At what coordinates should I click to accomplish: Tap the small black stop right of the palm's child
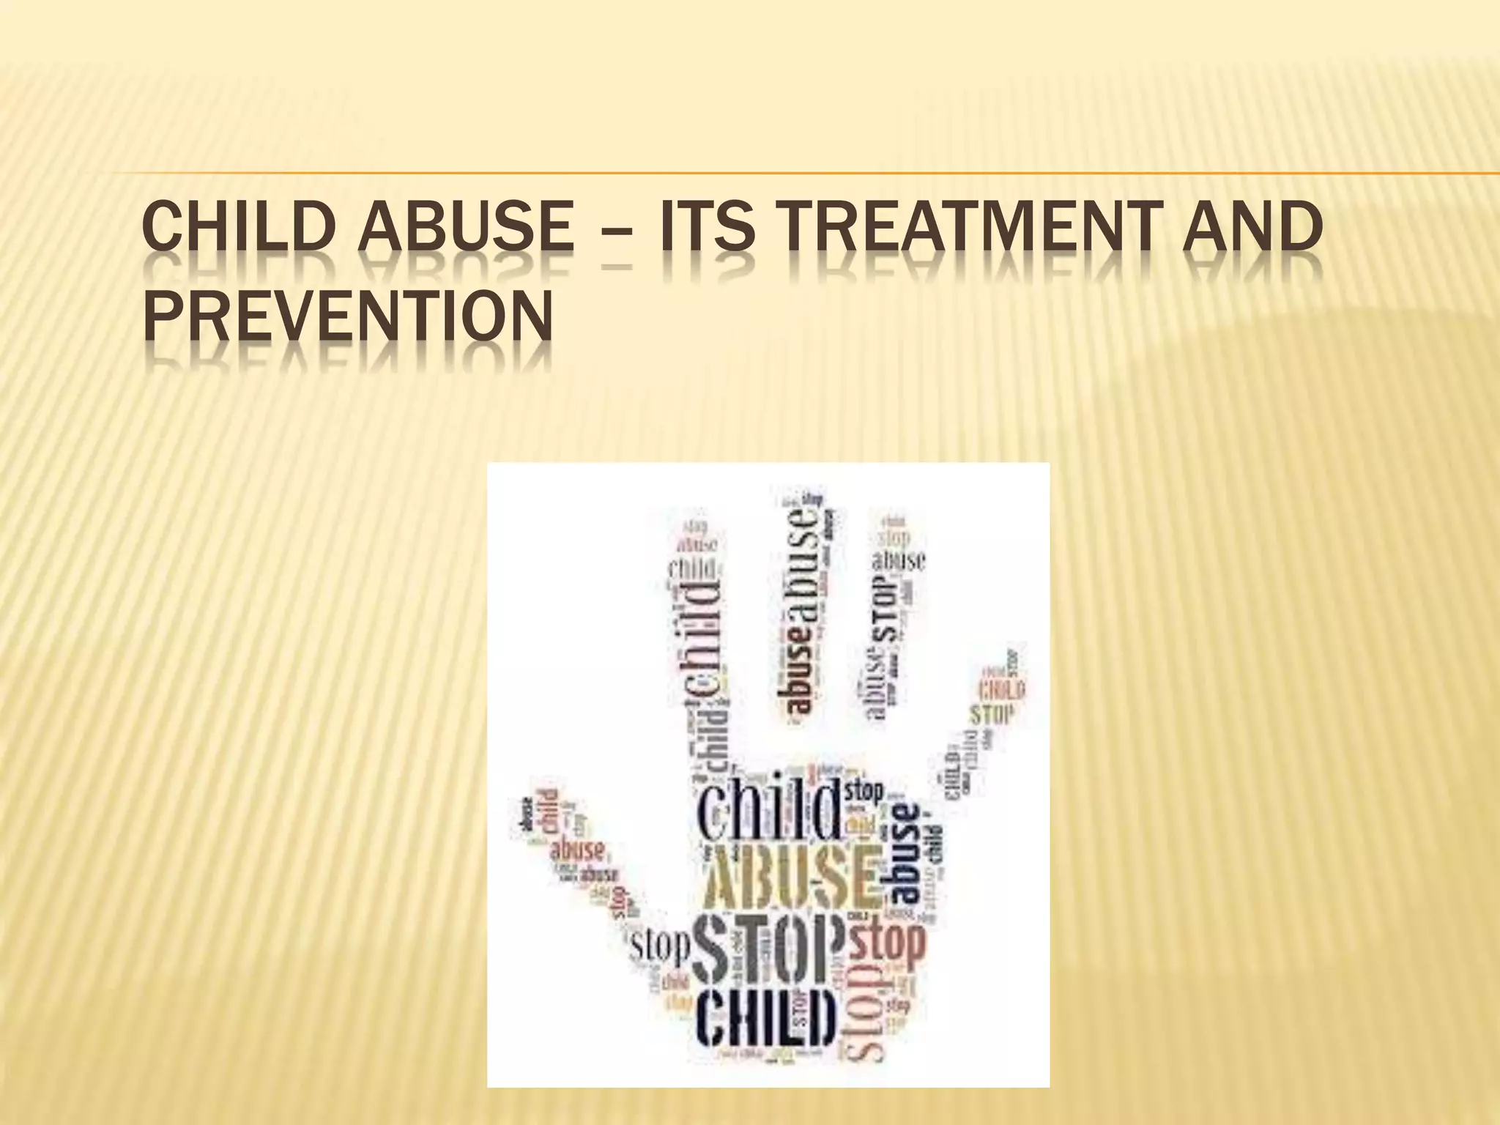tap(864, 792)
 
